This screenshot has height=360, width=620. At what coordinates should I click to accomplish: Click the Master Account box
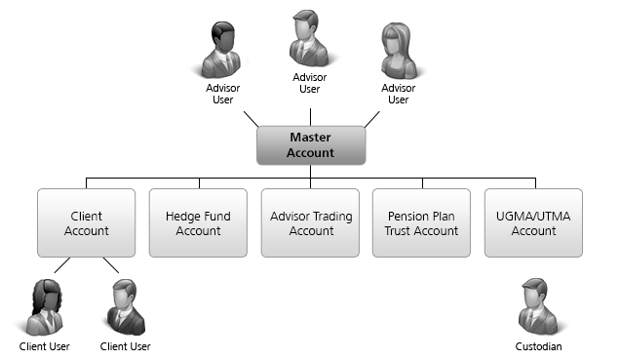click(x=311, y=145)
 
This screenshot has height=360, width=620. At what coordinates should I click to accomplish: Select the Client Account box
click(x=87, y=223)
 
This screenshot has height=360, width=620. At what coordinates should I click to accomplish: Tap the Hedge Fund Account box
click(x=198, y=223)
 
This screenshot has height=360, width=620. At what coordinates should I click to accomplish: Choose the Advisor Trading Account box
click(x=311, y=223)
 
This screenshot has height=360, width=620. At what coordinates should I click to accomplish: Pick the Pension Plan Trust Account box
click(x=422, y=223)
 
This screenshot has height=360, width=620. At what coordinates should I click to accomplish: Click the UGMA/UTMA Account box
click(x=533, y=223)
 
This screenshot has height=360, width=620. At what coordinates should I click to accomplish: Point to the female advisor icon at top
click(x=398, y=50)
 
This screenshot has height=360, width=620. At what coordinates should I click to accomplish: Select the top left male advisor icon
click(x=219, y=50)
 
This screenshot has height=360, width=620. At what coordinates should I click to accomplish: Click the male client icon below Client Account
click(x=123, y=307)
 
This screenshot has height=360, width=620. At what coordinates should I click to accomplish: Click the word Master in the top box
click(x=311, y=138)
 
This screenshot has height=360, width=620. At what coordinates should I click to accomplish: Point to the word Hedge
click(x=182, y=217)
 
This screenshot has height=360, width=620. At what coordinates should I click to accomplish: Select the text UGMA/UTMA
click(x=533, y=217)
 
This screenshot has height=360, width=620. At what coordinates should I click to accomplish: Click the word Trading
click(x=331, y=217)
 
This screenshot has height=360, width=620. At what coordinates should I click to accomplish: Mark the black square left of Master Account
click(x=251, y=120)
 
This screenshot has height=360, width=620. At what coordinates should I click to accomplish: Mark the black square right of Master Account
click(x=370, y=120)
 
